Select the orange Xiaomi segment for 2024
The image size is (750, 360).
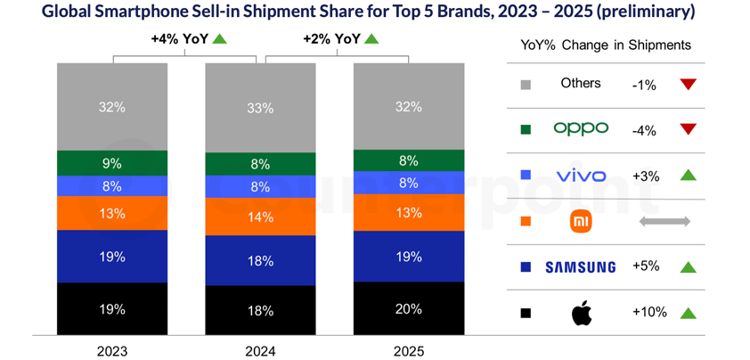click(260, 216)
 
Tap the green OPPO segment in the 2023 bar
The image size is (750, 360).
click(112, 163)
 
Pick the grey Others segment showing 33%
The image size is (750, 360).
click(260, 107)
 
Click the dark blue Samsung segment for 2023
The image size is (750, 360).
click(112, 257)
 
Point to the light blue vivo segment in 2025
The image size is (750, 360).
click(409, 182)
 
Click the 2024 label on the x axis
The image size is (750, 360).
click(260, 351)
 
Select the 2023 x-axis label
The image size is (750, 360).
click(112, 351)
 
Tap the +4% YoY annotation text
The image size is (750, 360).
click(175, 39)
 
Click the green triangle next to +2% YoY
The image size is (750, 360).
click(371, 39)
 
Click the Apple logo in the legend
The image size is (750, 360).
click(581, 313)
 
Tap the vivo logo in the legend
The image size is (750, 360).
click(581, 176)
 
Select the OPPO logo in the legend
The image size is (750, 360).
click(581, 129)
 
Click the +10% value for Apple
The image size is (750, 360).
click(649, 313)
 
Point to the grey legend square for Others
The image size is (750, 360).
click(526, 84)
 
